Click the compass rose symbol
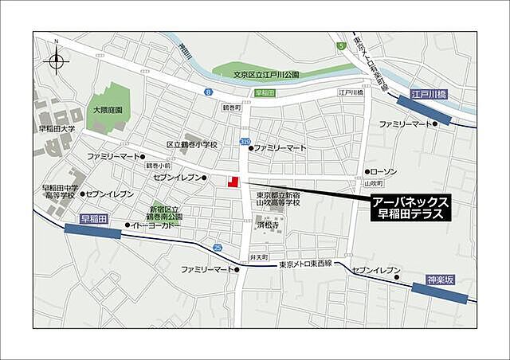pos(57,60)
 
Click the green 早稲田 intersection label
pos(265,93)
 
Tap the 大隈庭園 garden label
pos(107,111)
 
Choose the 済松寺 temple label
pos(267,226)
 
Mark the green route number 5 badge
pos(340,46)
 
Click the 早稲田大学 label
pos(57,128)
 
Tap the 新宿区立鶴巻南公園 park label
pos(164,212)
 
